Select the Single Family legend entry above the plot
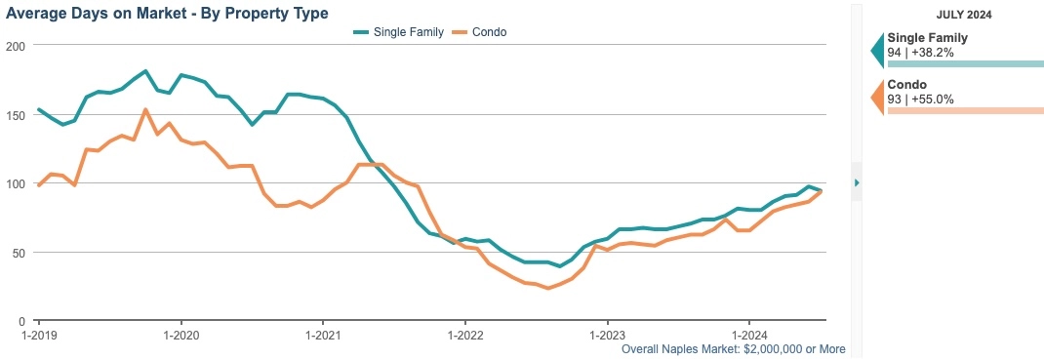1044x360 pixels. click(x=399, y=32)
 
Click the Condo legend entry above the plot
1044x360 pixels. click(x=483, y=32)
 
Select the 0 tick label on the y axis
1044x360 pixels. click(x=20, y=321)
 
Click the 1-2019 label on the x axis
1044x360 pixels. click(x=39, y=335)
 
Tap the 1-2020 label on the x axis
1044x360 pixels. click(x=181, y=335)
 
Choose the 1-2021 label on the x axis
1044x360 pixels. click(x=323, y=335)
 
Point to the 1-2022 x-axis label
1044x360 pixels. click(x=465, y=335)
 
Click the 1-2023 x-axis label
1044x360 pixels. click(x=607, y=335)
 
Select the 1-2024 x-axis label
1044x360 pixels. click(x=748, y=335)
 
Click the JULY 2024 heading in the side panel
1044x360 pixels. click(x=966, y=15)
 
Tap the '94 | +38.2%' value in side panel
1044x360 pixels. click(x=920, y=51)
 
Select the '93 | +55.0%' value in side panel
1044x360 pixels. click(x=920, y=99)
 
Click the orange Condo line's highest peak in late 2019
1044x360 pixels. click(x=145, y=109)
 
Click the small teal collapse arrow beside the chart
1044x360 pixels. click(x=857, y=182)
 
